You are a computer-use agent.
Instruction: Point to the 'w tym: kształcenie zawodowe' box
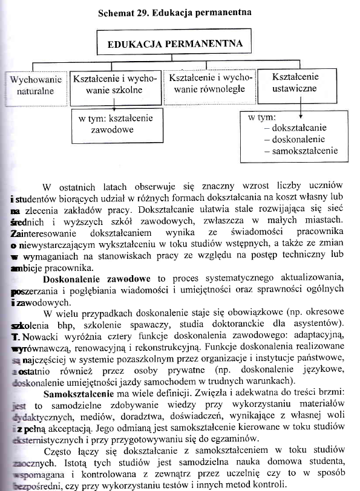click(116, 123)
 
